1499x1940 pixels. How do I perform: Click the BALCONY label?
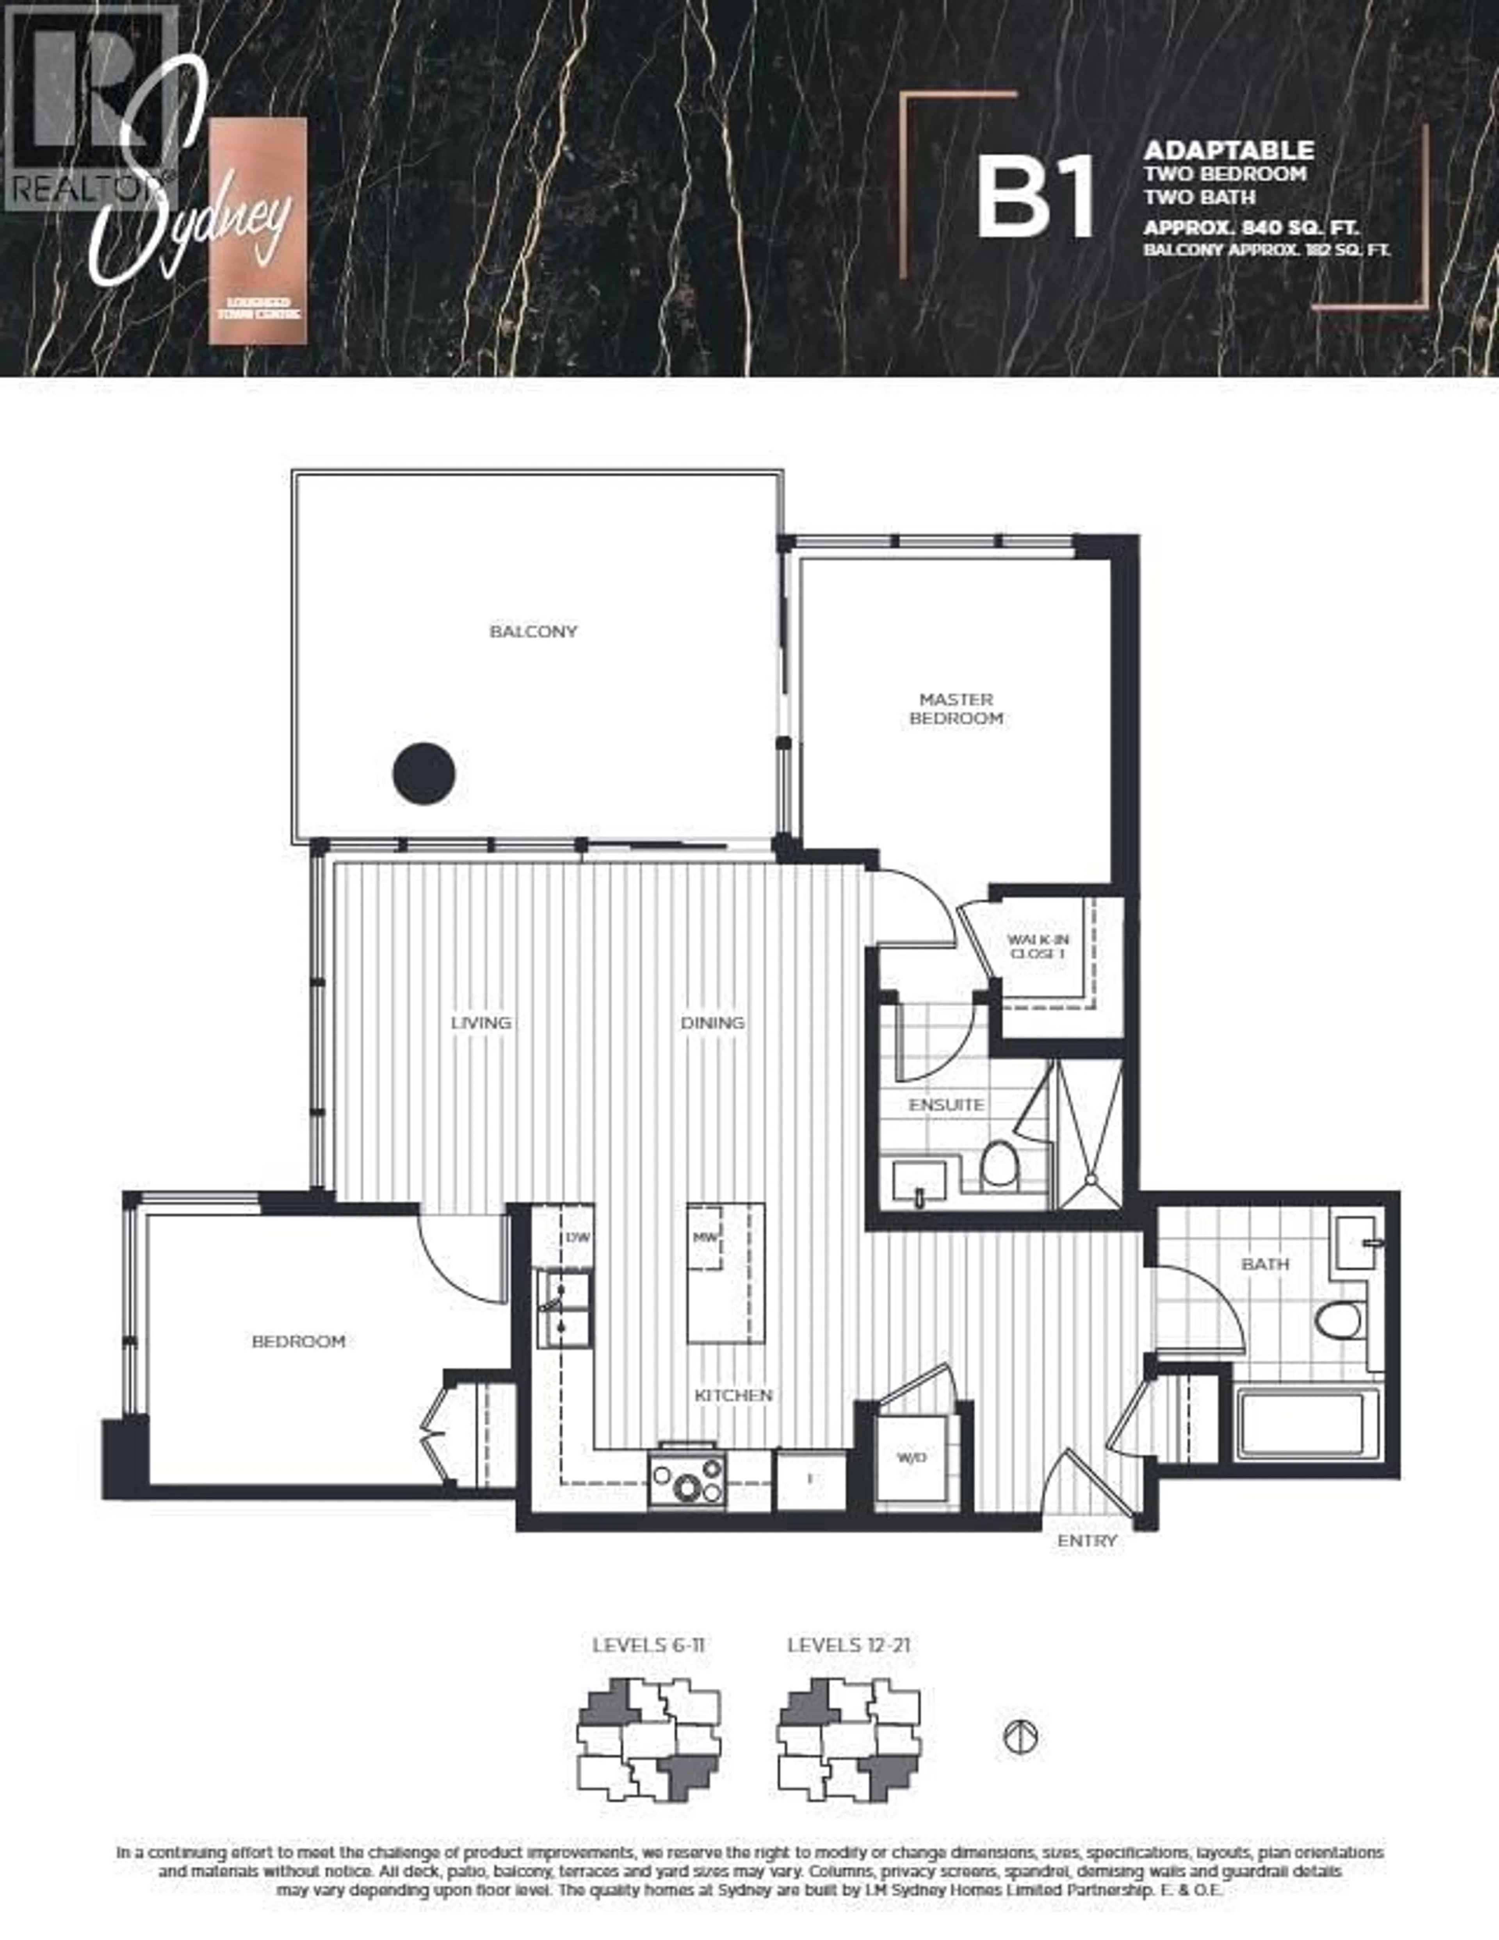(533, 631)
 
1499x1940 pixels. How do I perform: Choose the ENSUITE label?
(946, 1105)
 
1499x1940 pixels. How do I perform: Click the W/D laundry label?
(911, 1458)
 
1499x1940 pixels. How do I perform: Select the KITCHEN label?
(733, 1396)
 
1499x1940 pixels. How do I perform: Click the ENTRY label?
(1087, 1541)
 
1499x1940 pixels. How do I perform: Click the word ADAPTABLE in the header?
(1229, 150)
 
